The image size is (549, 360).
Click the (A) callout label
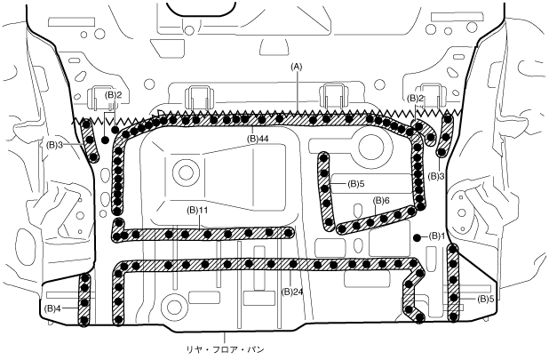(x=296, y=66)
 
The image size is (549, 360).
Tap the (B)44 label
(x=257, y=140)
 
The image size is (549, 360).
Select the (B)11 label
(x=197, y=211)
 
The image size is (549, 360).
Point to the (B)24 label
(x=293, y=292)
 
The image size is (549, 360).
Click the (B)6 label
(x=381, y=201)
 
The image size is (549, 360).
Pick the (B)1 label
(x=436, y=236)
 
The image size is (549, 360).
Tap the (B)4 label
(x=53, y=308)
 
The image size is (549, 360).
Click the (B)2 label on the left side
(x=114, y=95)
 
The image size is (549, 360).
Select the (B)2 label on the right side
(x=416, y=99)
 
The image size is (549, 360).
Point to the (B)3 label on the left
(x=54, y=144)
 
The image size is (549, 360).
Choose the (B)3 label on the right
(x=436, y=176)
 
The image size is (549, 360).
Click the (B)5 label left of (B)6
(x=356, y=183)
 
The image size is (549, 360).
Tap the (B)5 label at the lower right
(x=486, y=299)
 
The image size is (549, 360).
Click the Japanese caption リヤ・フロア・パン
(x=225, y=349)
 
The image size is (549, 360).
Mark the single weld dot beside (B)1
(x=417, y=237)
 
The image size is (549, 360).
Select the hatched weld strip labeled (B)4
(x=84, y=300)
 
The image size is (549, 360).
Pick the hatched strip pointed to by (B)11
(x=203, y=234)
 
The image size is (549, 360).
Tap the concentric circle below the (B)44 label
(x=186, y=172)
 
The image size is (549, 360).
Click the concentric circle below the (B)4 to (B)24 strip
(x=172, y=308)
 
